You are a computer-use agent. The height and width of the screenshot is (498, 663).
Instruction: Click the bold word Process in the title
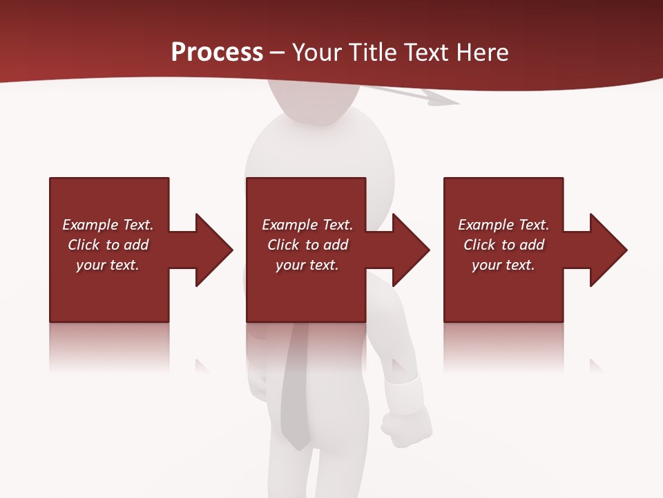[x=217, y=53]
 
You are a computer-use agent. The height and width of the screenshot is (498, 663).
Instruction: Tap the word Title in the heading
[x=369, y=53]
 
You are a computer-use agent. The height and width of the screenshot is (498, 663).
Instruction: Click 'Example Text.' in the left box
[x=108, y=225]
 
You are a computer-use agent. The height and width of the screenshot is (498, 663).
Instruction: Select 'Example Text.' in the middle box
[x=307, y=225]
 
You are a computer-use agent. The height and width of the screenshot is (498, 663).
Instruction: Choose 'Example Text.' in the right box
[x=503, y=225]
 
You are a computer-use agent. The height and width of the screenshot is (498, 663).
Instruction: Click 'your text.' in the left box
[x=108, y=265]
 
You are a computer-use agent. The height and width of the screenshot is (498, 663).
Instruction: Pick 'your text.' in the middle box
[x=307, y=265]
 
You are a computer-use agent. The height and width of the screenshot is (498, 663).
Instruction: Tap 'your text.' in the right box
[x=503, y=265]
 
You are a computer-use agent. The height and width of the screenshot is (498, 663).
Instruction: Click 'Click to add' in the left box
[x=108, y=245]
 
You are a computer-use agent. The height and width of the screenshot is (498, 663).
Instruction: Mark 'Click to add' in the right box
[x=503, y=245]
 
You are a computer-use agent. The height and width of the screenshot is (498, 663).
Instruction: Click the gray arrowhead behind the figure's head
[x=442, y=101]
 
